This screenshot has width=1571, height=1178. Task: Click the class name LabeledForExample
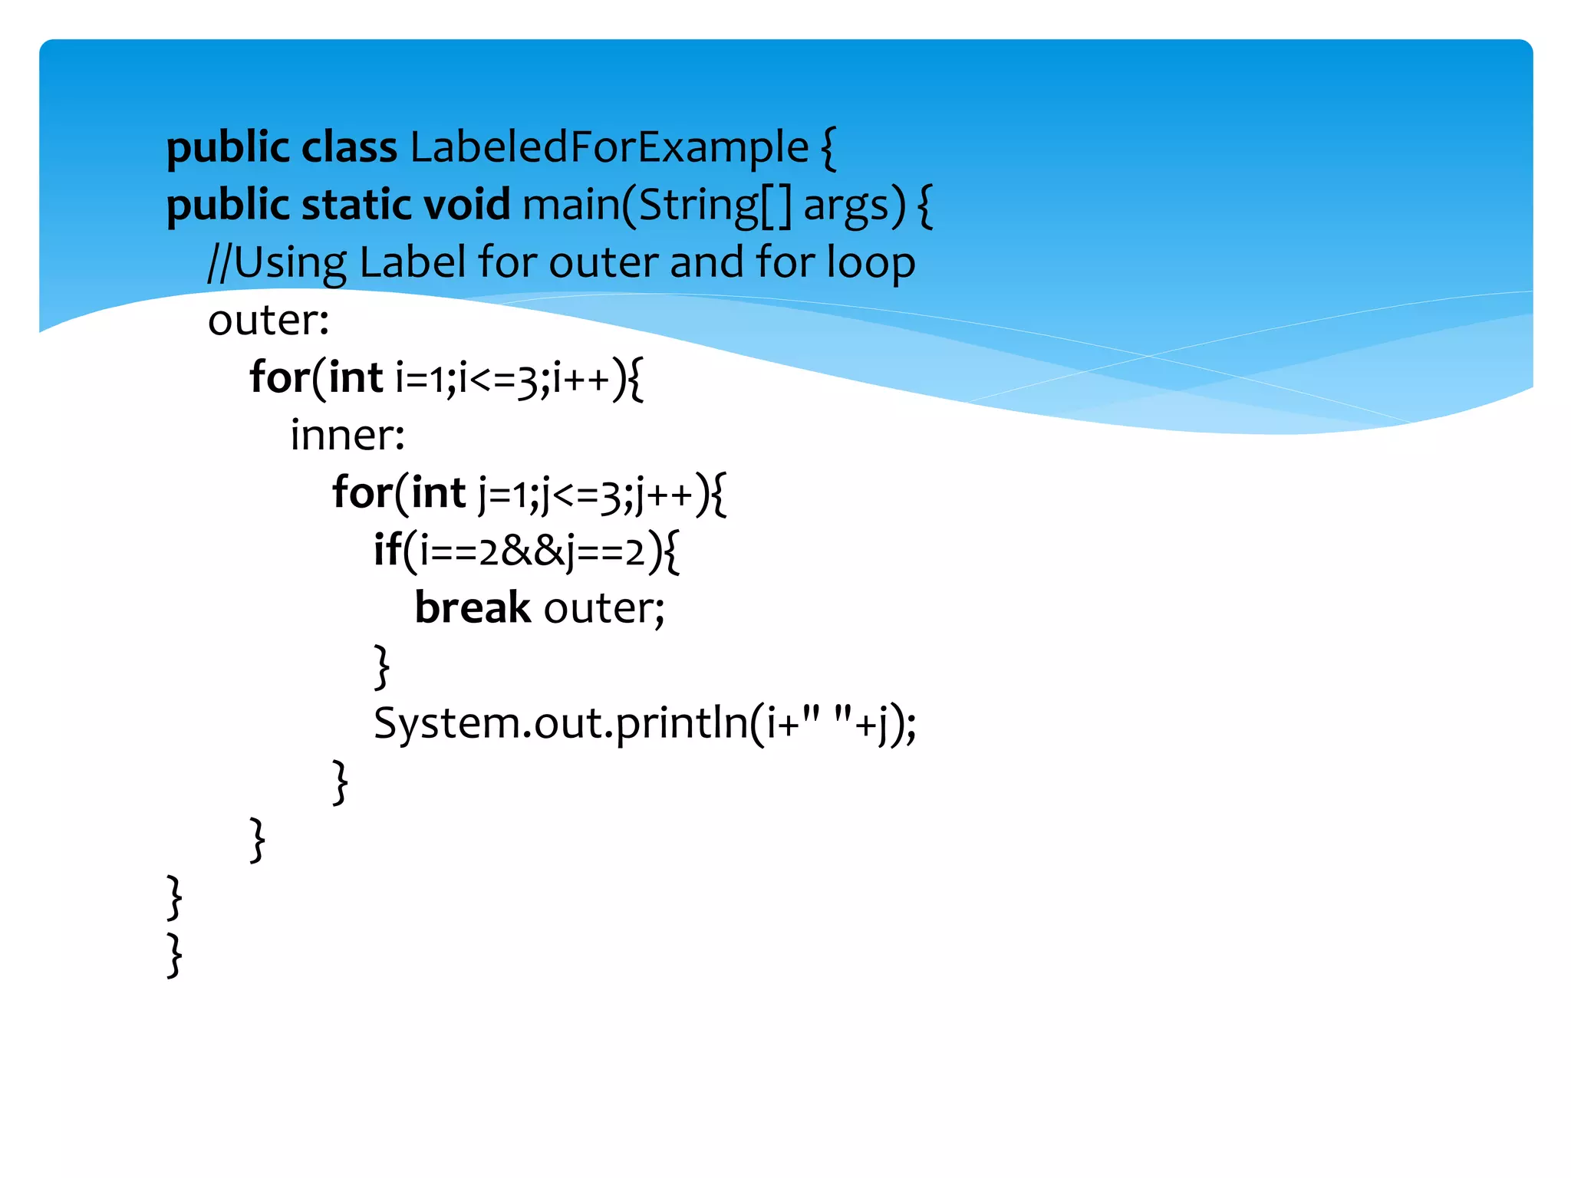point(609,147)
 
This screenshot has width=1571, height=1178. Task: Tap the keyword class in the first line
point(349,147)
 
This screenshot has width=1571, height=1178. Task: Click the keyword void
point(466,205)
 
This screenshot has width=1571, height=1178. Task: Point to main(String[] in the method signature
point(657,206)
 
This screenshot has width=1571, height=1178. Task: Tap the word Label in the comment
point(412,262)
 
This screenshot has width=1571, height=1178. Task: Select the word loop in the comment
point(871,264)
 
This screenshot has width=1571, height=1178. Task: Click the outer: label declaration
point(268,320)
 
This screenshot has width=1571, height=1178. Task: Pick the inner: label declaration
point(347,435)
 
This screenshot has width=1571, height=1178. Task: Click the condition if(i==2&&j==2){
point(526,551)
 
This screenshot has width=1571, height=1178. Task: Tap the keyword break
point(473,608)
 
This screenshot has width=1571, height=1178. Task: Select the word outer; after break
point(604,608)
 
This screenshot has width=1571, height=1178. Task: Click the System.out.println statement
point(644,723)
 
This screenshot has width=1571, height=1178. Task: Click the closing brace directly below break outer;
point(382,666)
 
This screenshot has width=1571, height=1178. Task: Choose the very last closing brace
point(175,954)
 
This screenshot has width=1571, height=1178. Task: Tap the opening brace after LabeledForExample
point(828,149)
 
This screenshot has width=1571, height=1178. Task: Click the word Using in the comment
point(290,264)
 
